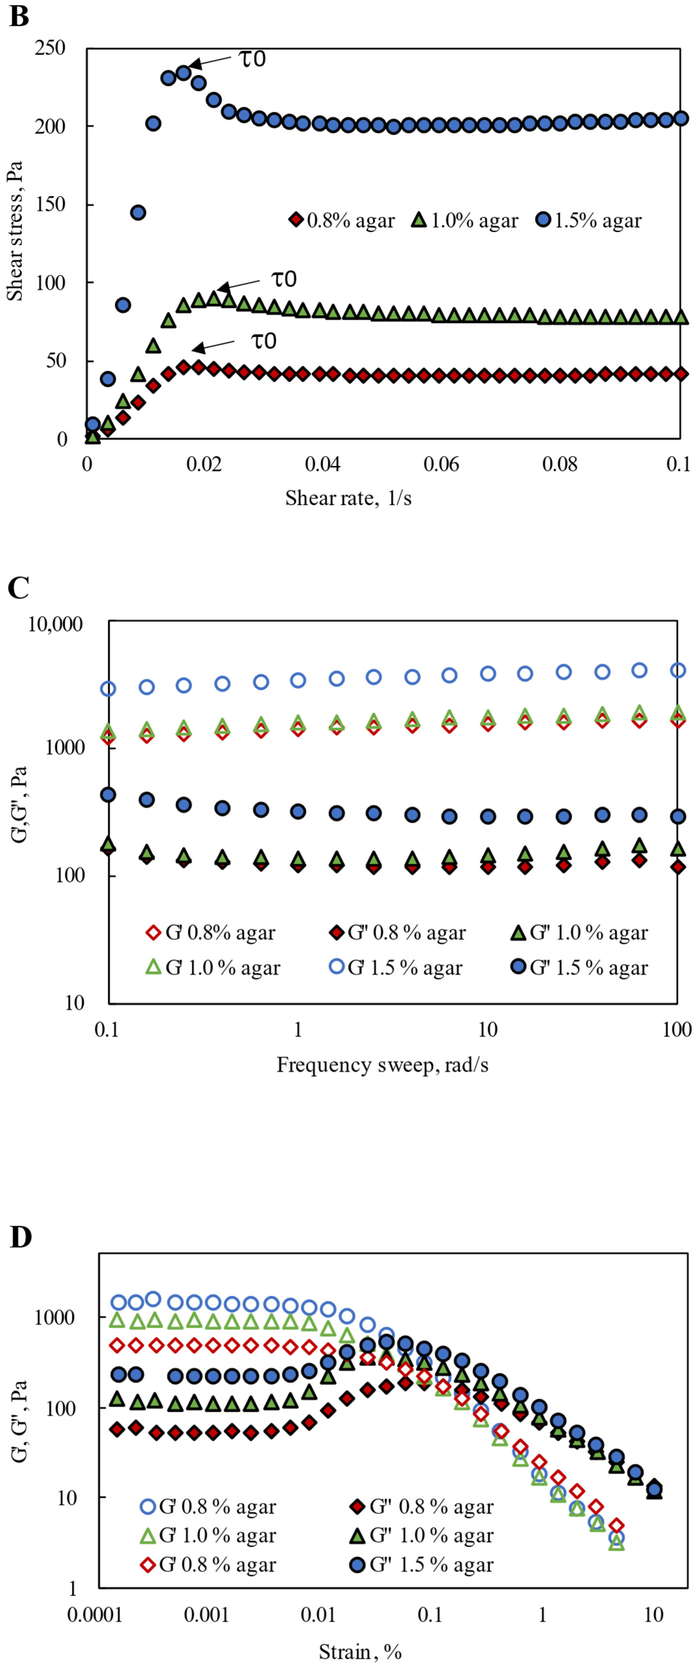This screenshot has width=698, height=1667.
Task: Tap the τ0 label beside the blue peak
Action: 252,59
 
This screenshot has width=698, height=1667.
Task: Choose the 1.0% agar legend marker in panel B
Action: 419,220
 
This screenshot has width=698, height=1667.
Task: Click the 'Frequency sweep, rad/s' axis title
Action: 382,1065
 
